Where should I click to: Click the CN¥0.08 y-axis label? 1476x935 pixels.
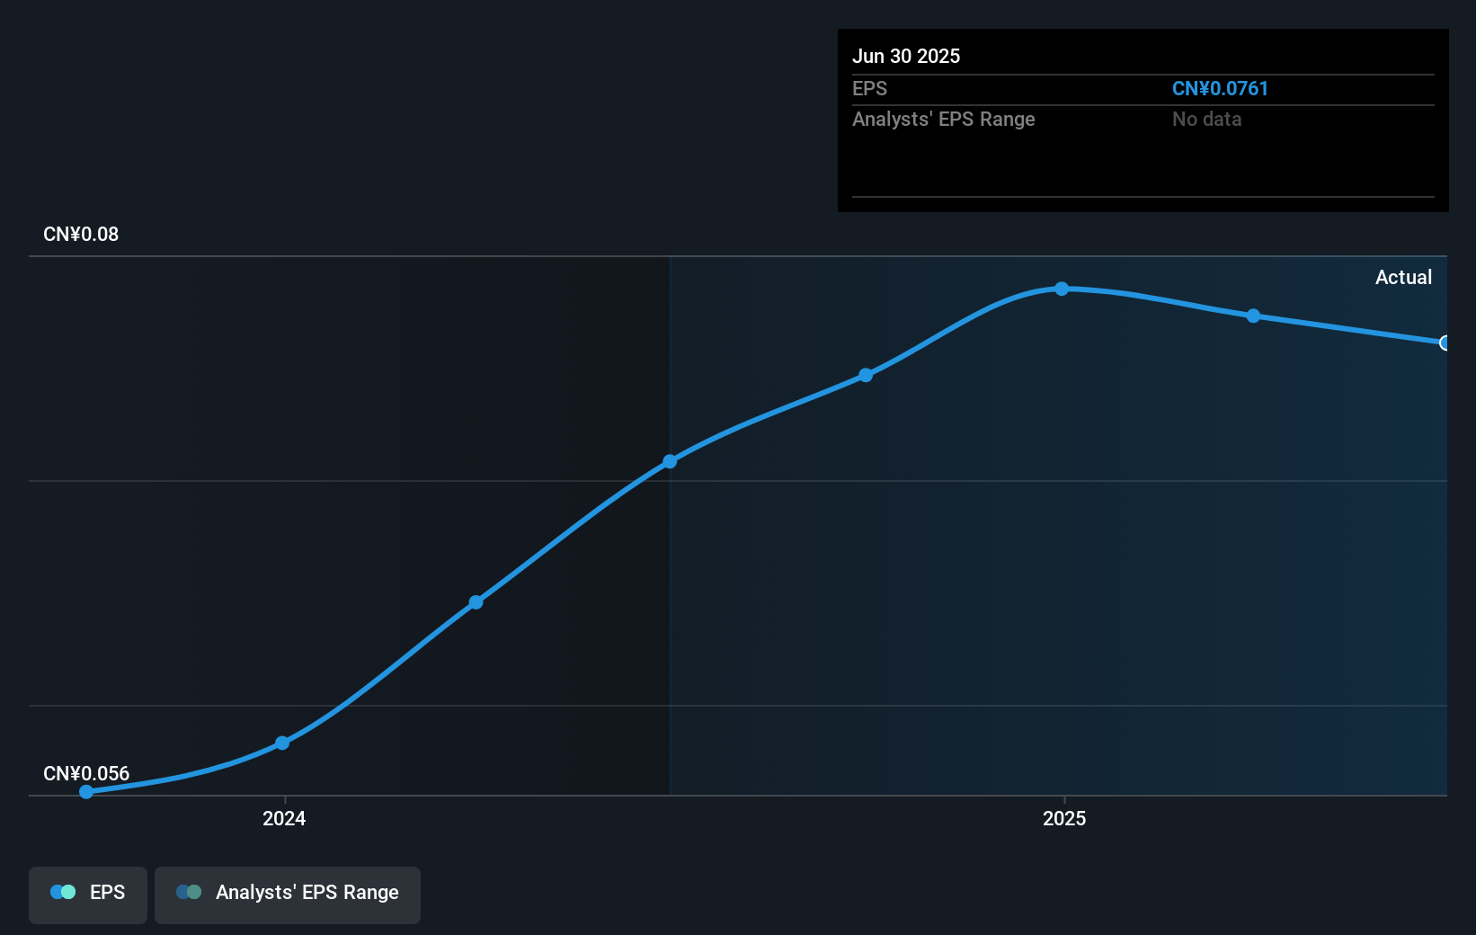click(x=81, y=235)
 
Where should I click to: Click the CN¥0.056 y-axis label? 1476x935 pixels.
click(x=86, y=774)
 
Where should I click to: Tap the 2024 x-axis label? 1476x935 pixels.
click(x=284, y=818)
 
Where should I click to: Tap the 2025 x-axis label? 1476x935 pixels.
click(x=1064, y=818)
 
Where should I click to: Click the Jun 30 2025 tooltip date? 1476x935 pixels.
click(x=906, y=57)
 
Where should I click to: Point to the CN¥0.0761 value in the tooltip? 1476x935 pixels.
click(x=1220, y=89)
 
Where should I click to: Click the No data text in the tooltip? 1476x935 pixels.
click(x=1206, y=120)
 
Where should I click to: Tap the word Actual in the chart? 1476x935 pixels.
click(x=1403, y=278)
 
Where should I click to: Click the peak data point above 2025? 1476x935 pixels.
click(x=1062, y=289)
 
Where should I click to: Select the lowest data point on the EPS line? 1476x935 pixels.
click(x=86, y=792)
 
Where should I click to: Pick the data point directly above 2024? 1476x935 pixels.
click(x=282, y=743)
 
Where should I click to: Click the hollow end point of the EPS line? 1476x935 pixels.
click(x=1445, y=343)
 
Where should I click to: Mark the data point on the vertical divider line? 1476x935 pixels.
click(x=670, y=461)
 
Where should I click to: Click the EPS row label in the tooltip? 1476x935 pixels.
click(x=869, y=89)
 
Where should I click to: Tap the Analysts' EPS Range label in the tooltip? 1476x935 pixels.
click(x=944, y=120)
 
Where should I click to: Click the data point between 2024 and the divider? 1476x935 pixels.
click(x=476, y=601)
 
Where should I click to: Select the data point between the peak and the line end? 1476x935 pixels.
click(x=1253, y=316)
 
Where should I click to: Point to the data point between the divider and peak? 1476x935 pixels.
click(x=866, y=375)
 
